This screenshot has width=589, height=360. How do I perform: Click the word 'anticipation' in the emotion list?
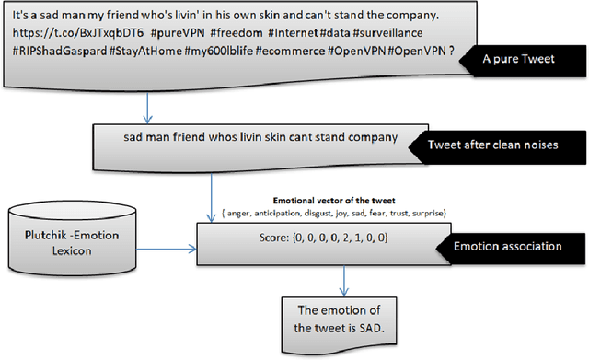pos(294,213)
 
